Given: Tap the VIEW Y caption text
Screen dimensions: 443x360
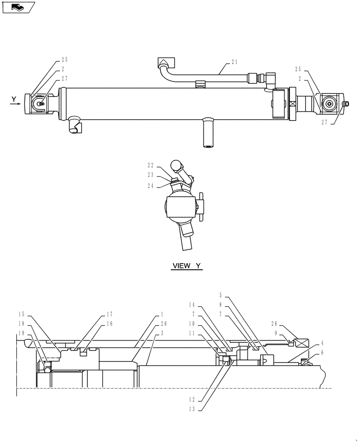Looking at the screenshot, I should click(x=187, y=266).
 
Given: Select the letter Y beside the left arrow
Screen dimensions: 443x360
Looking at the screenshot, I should click(x=14, y=98).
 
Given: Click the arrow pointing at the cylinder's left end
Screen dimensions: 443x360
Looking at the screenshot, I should click(x=16, y=105).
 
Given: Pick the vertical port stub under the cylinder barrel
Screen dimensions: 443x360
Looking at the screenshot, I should click(x=208, y=133).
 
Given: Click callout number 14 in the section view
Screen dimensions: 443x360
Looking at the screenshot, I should click(x=192, y=306).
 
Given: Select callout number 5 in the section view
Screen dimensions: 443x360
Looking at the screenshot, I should click(x=222, y=295).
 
